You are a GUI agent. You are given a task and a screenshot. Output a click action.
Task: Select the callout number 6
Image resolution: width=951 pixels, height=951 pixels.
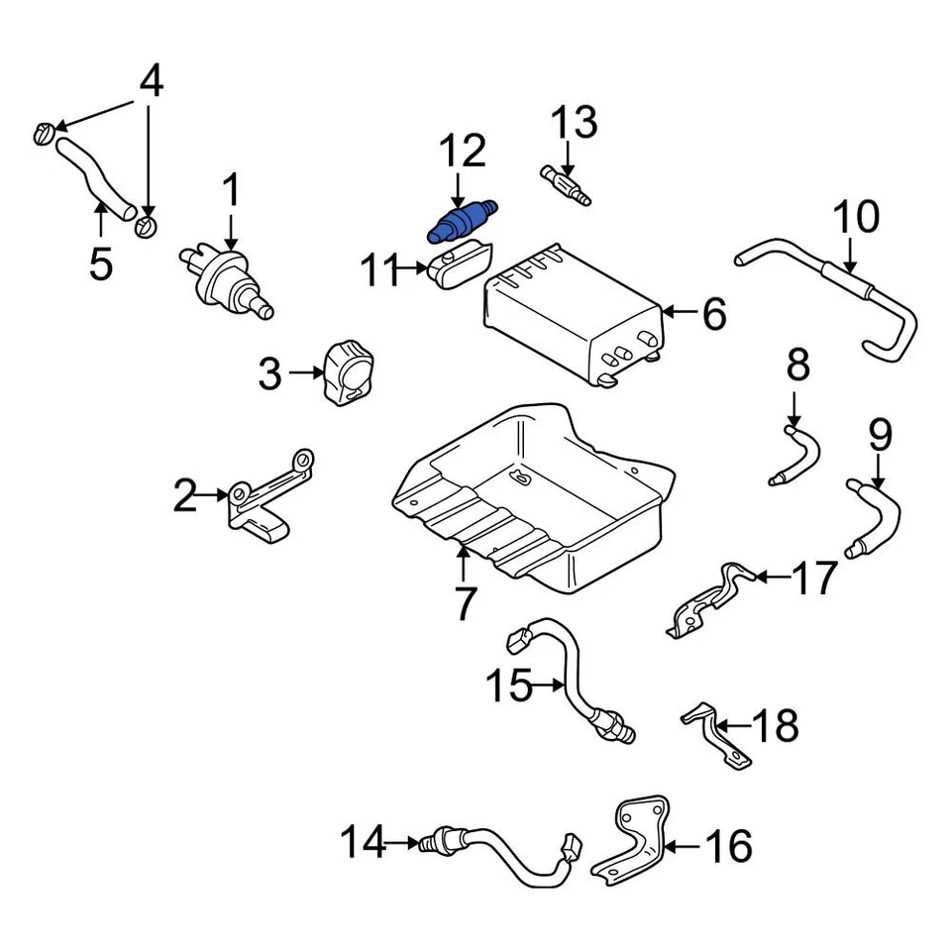pos(713,314)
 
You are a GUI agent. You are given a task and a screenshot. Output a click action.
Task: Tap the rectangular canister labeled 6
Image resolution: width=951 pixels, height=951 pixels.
pos(570,312)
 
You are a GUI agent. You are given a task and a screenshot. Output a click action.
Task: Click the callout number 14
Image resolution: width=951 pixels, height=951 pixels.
pos(361,844)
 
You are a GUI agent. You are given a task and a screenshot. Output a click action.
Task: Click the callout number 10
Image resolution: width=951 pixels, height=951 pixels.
pos(855,217)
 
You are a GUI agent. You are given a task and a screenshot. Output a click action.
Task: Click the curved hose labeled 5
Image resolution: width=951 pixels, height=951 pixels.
pos(95,178)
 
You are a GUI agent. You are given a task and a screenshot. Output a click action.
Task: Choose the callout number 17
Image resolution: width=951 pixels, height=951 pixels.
pos(816,578)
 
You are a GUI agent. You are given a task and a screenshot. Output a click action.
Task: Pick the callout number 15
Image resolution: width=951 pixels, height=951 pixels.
pos(510,686)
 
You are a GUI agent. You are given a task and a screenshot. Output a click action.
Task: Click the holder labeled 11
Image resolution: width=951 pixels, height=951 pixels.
pos(458,267)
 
